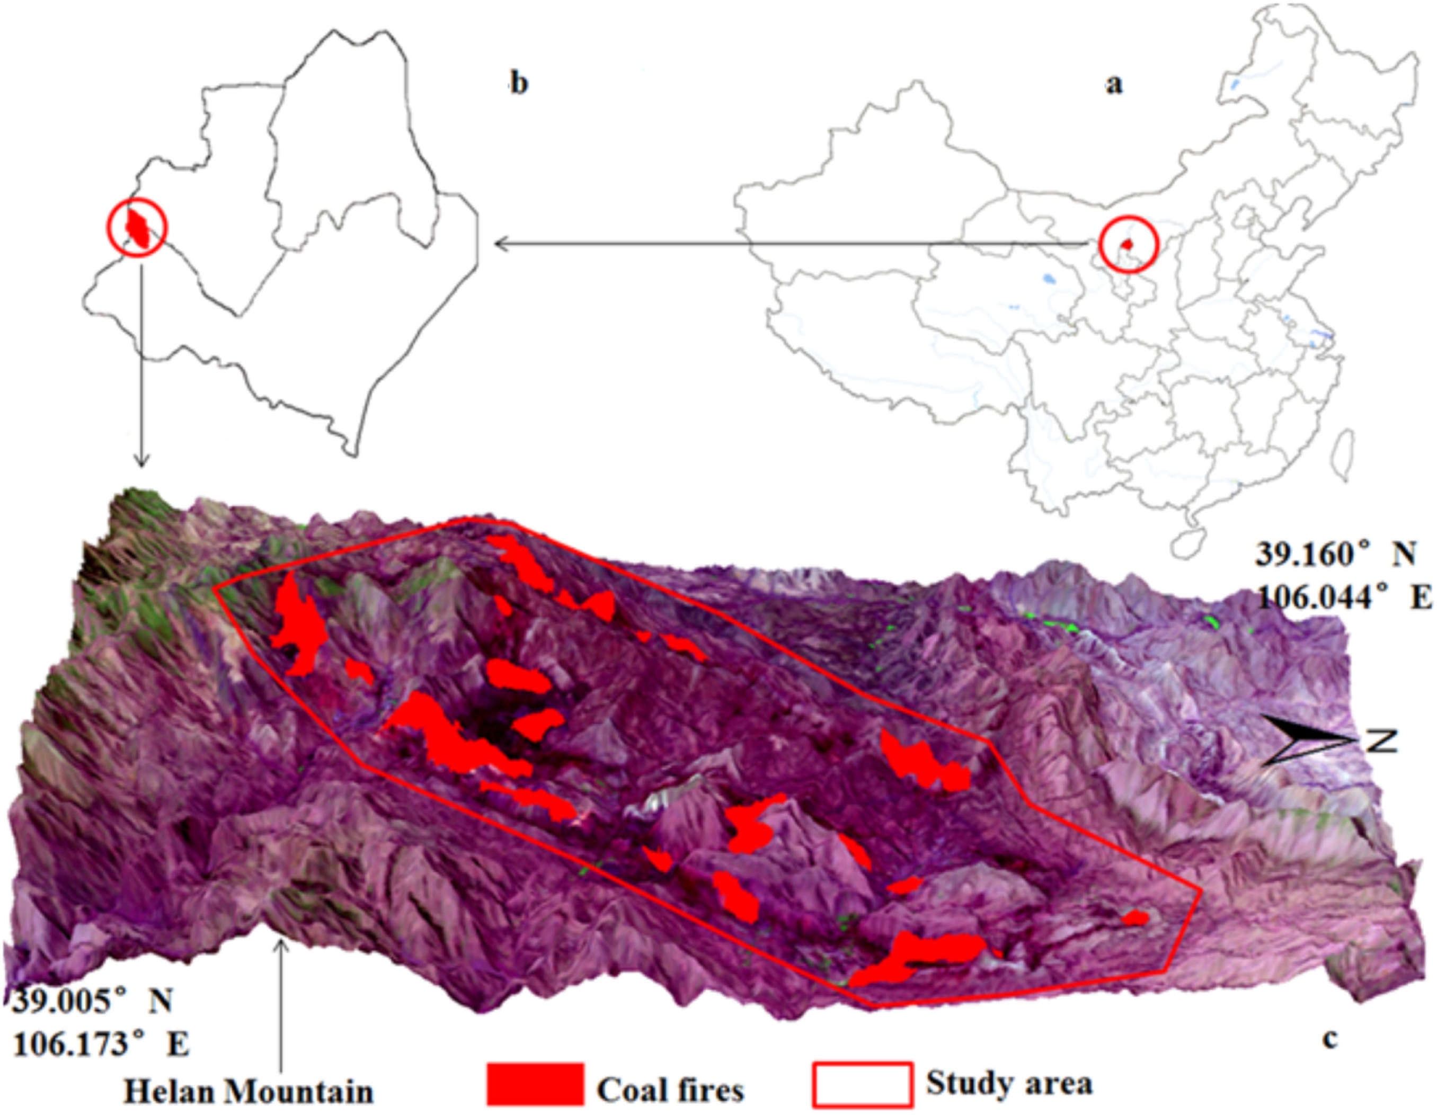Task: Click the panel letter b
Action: (519, 85)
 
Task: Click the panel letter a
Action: (1113, 85)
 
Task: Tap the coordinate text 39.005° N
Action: (93, 1001)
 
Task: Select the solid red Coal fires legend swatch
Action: (535, 1083)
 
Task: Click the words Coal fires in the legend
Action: (670, 1090)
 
